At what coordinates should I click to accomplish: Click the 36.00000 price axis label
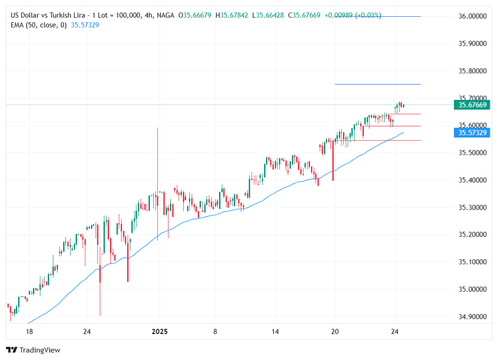click(x=472, y=16)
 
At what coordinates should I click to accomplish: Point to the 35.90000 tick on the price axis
click(x=472, y=44)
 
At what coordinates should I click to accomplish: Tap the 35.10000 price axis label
click(x=472, y=262)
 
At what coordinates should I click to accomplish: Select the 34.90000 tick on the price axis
click(x=472, y=317)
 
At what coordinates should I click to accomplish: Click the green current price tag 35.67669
click(x=472, y=105)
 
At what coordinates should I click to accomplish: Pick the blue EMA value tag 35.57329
click(x=472, y=133)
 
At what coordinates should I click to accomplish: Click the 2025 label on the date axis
click(x=160, y=332)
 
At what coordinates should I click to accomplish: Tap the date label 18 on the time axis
click(x=29, y=332)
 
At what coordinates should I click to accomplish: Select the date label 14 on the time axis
click(x=275, y=332)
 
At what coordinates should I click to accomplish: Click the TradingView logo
click(x=33, y=350)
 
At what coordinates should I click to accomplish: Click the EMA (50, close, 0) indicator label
click(x=39, y=25)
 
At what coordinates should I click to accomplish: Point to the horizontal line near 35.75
click(x=377, y=84)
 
